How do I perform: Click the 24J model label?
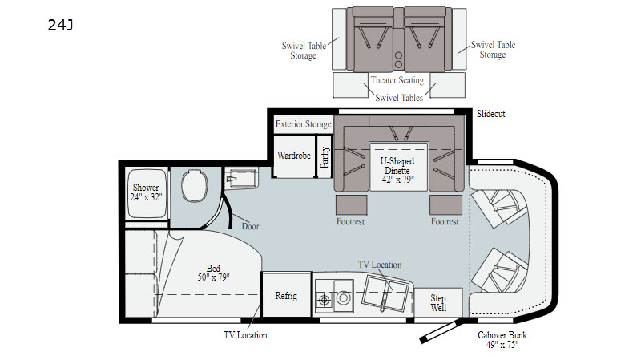point(61,26)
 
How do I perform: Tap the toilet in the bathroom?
point(195,186)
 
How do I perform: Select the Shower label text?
point(146,188)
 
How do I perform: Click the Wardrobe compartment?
point(294,156)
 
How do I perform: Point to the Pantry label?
point(325,157)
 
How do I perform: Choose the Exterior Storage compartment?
point(303,124)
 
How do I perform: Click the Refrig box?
point(286,294)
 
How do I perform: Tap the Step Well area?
point(438,303)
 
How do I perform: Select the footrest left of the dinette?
point(351,204)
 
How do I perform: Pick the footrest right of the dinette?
point(445,204)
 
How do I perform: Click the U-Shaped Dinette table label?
point(397,166)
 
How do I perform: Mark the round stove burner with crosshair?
point(325,301)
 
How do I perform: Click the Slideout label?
point(491,114)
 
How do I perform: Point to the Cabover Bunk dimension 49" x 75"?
point(502,345)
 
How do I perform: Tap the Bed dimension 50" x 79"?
point(213,277)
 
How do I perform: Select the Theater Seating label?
point(397,80)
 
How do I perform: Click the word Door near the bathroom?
point(250,226)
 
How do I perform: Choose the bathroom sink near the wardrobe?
point(241,178)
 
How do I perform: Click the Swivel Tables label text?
point(399,97)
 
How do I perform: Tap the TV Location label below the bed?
point(245,335)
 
